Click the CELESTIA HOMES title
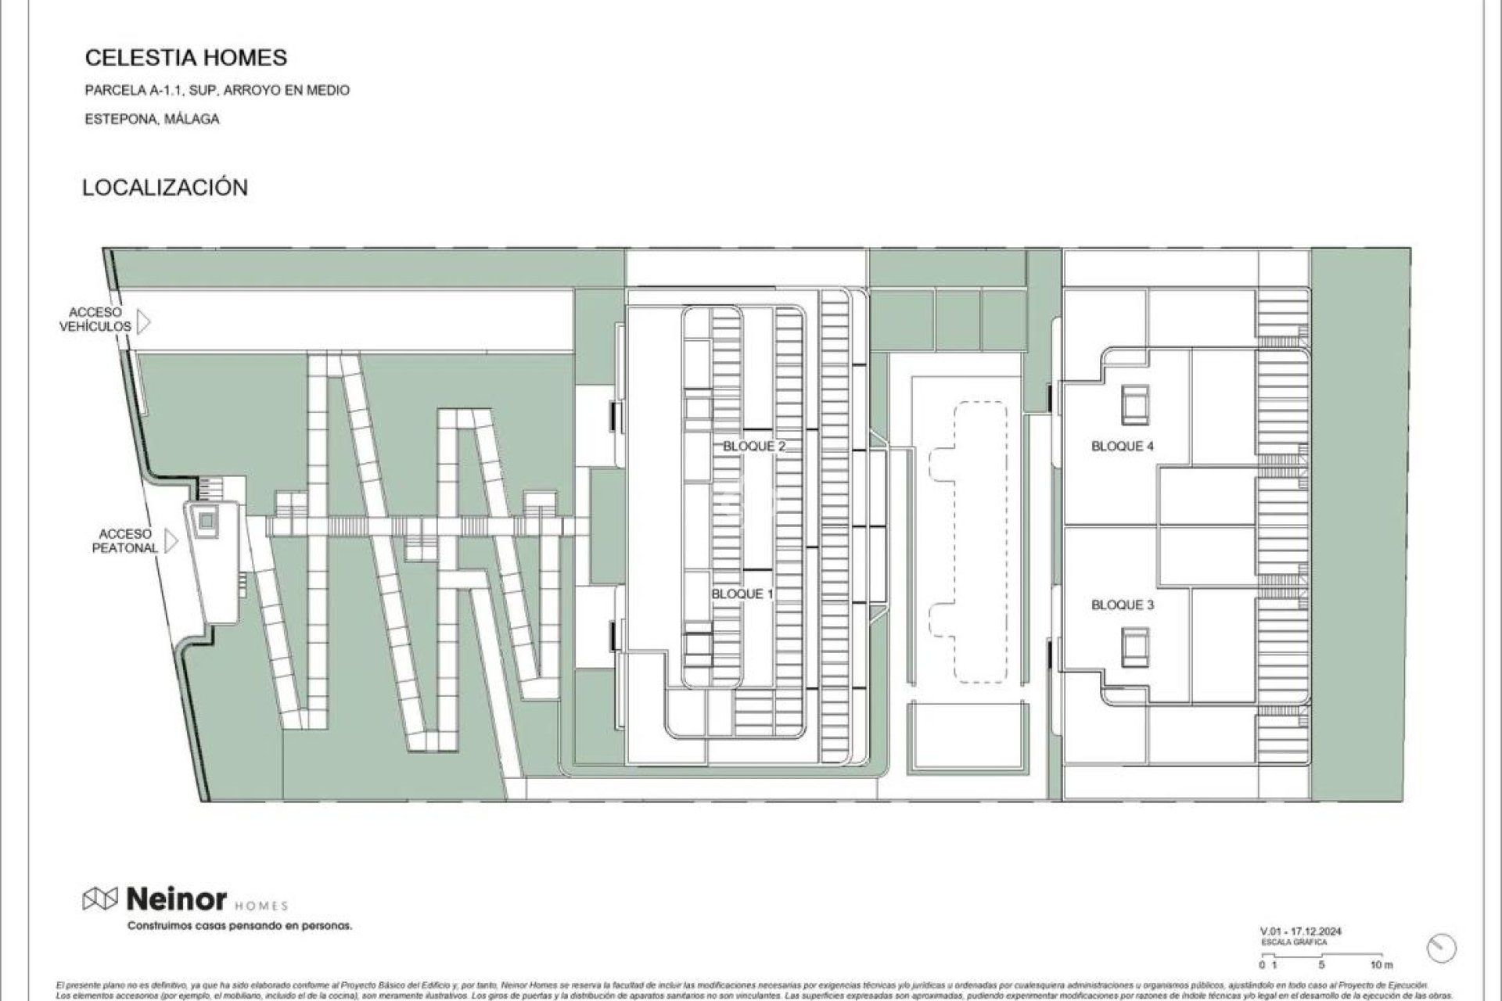185,57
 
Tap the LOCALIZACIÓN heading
165,188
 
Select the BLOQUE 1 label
742,594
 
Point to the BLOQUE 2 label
754,447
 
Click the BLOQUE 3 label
1123,605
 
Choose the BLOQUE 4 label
1123,447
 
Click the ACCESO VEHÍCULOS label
95,320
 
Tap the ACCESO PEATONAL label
125,541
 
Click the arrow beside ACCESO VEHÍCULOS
144,321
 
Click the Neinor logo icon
99,899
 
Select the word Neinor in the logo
176,899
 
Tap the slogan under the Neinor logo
239,926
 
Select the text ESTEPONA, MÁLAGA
152,120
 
